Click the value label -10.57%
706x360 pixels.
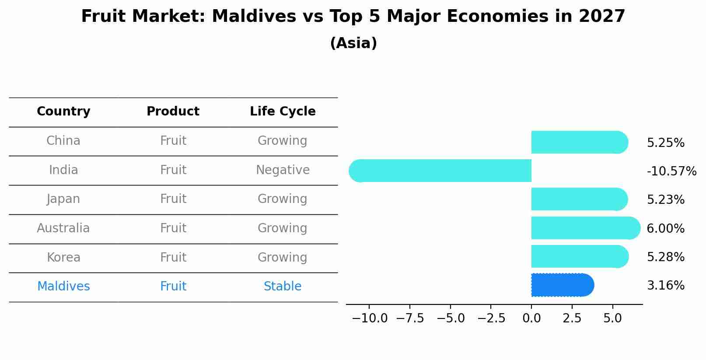click(x=671, y=171)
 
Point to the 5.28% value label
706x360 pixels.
click(x=665, y=257)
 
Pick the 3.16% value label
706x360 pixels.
click(x=665, y=286)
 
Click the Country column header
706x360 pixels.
click(x=63, y=112)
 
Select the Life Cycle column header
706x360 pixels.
click(x=283, y=112)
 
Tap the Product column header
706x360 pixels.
click(x=173, y=112)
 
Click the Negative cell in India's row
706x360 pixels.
click(x=283, y=170)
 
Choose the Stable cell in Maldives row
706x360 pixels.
click(x=283, y=287)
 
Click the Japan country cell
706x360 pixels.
click(x=63, y=199)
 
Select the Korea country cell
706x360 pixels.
click(x=63, y=257)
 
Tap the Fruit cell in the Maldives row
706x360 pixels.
click(x=173, y=287)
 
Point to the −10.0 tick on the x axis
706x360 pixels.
click(x=370, y=318)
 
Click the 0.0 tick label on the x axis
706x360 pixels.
click(x=531, y=318)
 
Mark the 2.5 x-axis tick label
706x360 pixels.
click(x=572, y=318)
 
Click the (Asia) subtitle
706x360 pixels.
click(x=353, y=43)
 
